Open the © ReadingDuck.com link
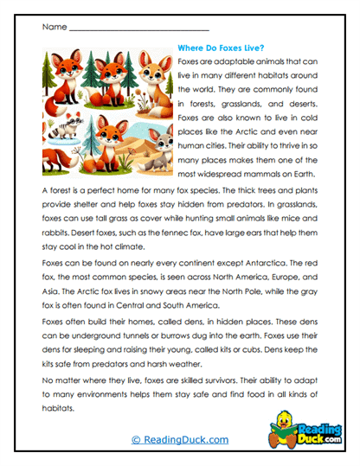181,440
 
